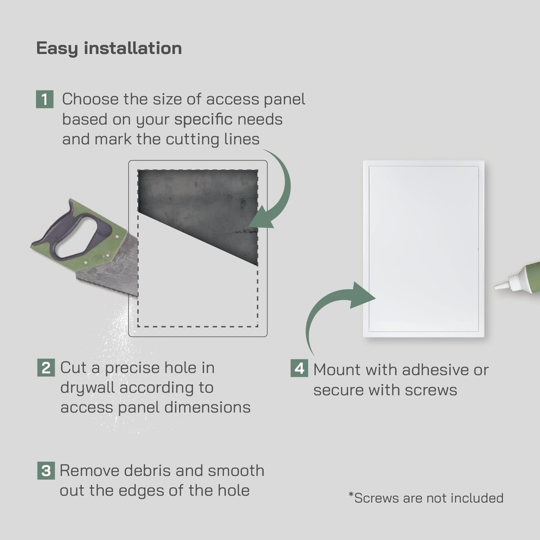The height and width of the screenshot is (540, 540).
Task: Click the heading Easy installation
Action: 109,48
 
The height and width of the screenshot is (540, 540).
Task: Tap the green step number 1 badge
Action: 45,99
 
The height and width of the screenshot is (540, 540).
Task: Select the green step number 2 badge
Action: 45,368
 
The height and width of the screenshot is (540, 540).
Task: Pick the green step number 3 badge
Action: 45,470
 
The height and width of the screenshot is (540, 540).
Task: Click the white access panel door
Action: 424,248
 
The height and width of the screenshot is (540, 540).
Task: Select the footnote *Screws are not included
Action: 426,498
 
